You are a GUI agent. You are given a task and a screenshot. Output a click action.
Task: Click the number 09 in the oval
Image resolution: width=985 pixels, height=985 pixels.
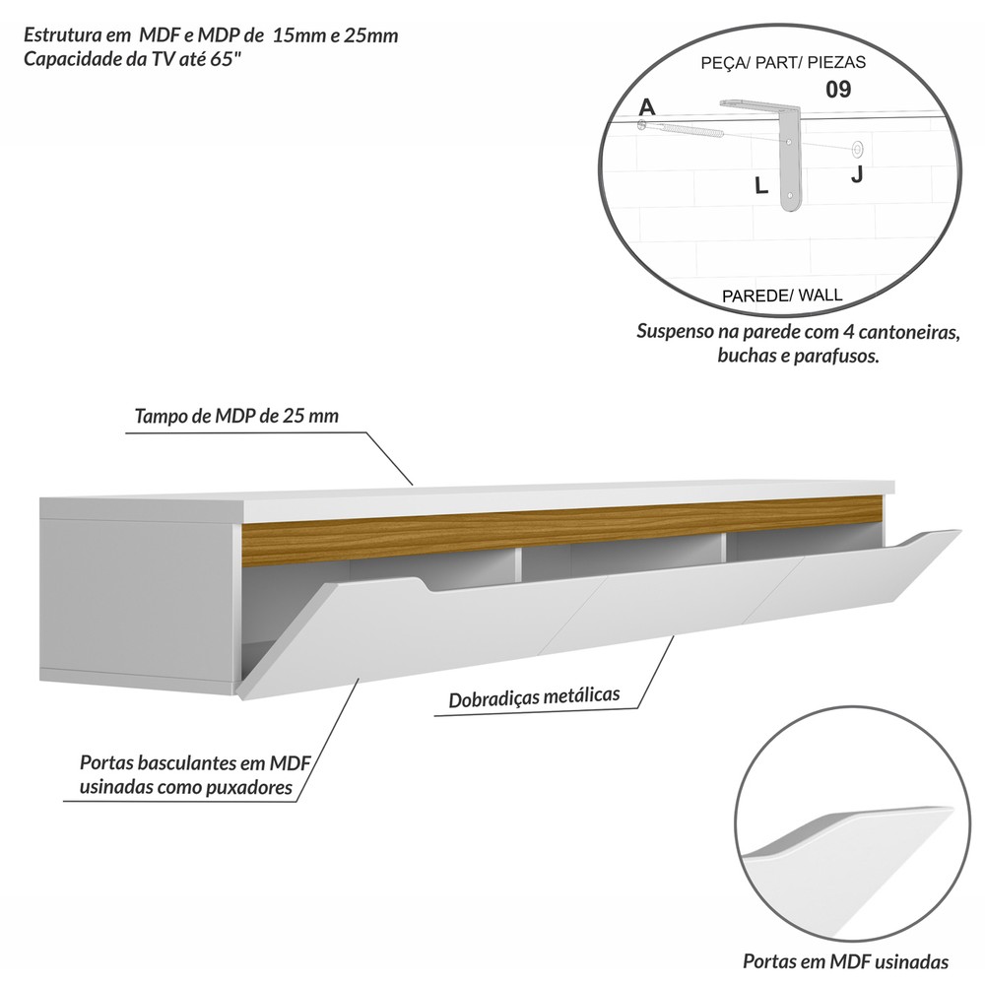click(x=838, y=90)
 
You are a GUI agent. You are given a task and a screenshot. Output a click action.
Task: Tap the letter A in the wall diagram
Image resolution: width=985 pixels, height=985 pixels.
click(x=646, y=106)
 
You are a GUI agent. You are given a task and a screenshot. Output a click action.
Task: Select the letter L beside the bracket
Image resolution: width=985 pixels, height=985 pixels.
click(x=760, y=185)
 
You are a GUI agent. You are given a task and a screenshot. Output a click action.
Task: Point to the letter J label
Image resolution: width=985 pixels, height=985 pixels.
click(x=856, y=174)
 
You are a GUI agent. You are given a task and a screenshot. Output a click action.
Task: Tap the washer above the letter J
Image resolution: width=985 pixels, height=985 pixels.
click(x=857, y=149)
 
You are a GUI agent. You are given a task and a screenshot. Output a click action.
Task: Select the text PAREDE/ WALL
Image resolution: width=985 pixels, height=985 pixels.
click(x=782, y=295)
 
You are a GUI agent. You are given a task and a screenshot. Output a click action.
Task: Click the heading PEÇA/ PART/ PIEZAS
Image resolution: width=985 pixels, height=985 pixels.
click(x=783, y=62)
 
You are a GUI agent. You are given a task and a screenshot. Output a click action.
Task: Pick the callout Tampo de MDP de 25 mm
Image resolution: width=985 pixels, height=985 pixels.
click(x=236, y=416)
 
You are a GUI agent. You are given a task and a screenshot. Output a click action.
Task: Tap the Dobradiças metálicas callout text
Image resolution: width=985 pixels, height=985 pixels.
click(x=534, y=697)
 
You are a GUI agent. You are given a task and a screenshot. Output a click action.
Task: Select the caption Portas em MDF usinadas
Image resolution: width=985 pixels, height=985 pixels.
click(x=845, y=961)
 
